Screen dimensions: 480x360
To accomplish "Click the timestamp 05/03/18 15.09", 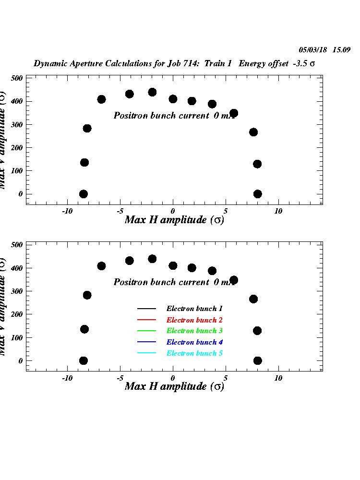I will pos(324,50).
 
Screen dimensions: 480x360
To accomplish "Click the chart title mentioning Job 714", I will pos(174,64).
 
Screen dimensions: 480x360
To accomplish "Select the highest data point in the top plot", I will pos(152,92).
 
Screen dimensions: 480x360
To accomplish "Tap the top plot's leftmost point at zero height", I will pos(84,194).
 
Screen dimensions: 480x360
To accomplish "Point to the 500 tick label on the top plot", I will pos(17,78).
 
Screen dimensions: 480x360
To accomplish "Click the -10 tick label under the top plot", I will pos(67,211).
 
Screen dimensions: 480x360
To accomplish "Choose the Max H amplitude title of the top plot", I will pos(174,220).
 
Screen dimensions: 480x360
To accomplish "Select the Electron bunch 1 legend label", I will pos(194,309).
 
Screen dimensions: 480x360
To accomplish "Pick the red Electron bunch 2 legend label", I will pos(194,320).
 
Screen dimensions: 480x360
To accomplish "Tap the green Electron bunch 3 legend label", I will pos(194,331).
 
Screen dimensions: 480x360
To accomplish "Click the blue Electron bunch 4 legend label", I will pos(194,342).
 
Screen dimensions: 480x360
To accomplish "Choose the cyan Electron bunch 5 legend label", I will pos(194,353).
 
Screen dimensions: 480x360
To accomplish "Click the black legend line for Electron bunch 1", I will pos(146,309).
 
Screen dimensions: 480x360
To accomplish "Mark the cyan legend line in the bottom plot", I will pos(146,353).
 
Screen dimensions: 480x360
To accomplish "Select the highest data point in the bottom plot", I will pos(152,259).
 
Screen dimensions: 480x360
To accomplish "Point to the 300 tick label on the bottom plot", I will pos(17,291).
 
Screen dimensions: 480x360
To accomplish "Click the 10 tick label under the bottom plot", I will pos(278,378).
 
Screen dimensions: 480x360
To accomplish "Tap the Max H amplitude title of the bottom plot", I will pos(174,386).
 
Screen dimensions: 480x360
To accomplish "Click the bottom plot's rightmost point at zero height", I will pos(258,360).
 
